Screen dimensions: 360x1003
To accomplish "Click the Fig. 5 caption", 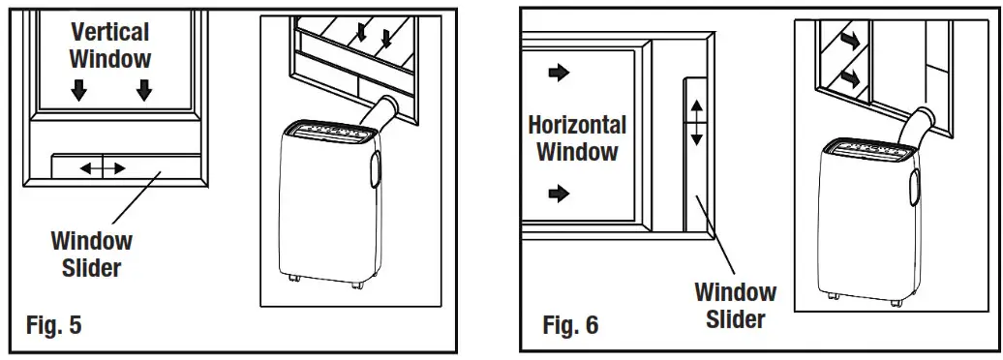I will pos(53,323).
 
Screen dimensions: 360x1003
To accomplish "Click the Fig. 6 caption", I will pos(570,324).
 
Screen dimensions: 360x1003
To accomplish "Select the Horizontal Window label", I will pos(577,137).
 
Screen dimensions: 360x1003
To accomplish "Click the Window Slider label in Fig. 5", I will pos(91,254).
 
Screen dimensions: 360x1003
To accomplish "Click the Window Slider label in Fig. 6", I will pos(736,305).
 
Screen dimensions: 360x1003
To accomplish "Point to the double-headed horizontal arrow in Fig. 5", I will pos(103,168).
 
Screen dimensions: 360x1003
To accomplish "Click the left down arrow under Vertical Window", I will pos(78,91).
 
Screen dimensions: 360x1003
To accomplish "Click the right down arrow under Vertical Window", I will pos(144,91).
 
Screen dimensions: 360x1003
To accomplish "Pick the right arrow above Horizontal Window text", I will pos(560,72).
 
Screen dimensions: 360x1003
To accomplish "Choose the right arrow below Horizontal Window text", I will pos(560,195).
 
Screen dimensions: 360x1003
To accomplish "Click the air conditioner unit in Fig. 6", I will pos(864,218).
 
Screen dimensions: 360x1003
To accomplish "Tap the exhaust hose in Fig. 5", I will pos(381,113).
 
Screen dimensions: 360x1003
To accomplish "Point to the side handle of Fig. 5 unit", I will pos(373,166).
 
